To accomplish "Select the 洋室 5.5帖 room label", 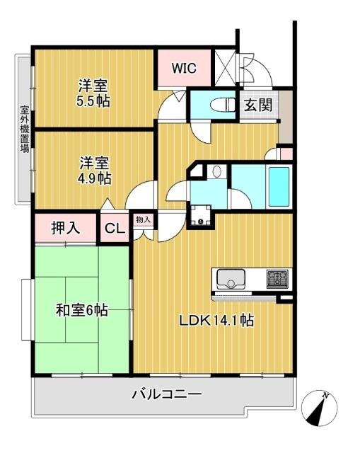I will point(94,93).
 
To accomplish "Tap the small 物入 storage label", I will point(143,220).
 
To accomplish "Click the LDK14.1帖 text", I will point(215,320).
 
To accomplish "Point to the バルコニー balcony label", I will point(166,394).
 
